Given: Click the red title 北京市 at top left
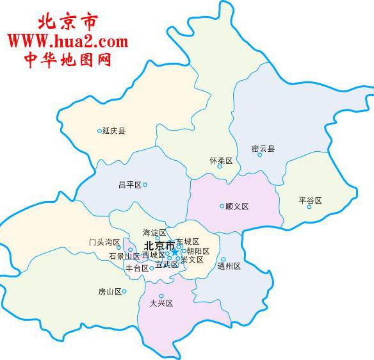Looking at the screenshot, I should [68, 22].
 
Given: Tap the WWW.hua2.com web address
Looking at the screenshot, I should [68, 42].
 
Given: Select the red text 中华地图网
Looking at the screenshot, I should [68, 60].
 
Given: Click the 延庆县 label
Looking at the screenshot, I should [114, 131].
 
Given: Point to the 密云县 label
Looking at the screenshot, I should [263, 149].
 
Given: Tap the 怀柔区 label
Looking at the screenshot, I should [221, 161].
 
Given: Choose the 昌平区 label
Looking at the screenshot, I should [129, 184].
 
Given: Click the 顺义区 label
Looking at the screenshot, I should [237, 206].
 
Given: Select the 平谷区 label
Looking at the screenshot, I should [310, 200].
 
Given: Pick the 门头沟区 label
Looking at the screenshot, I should [105, 243].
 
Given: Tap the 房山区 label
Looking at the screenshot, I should [110, 291].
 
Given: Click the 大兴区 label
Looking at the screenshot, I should [161, 304].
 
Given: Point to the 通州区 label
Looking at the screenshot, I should [229, 266].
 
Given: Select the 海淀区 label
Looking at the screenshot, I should [154, 233].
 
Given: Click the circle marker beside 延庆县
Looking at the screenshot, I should [99, 131].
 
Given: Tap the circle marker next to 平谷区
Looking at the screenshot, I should [309, 207].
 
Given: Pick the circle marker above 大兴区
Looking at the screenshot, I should [161, 296].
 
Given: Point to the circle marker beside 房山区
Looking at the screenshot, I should [124, 291].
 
